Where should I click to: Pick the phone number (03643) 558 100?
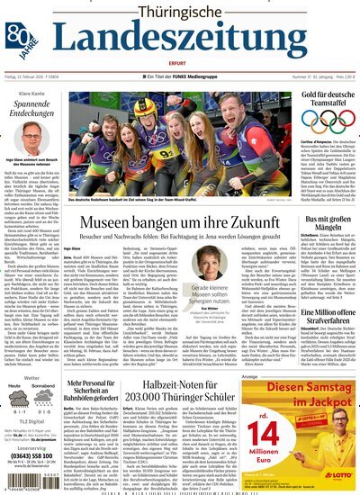click(x=31, y=452)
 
